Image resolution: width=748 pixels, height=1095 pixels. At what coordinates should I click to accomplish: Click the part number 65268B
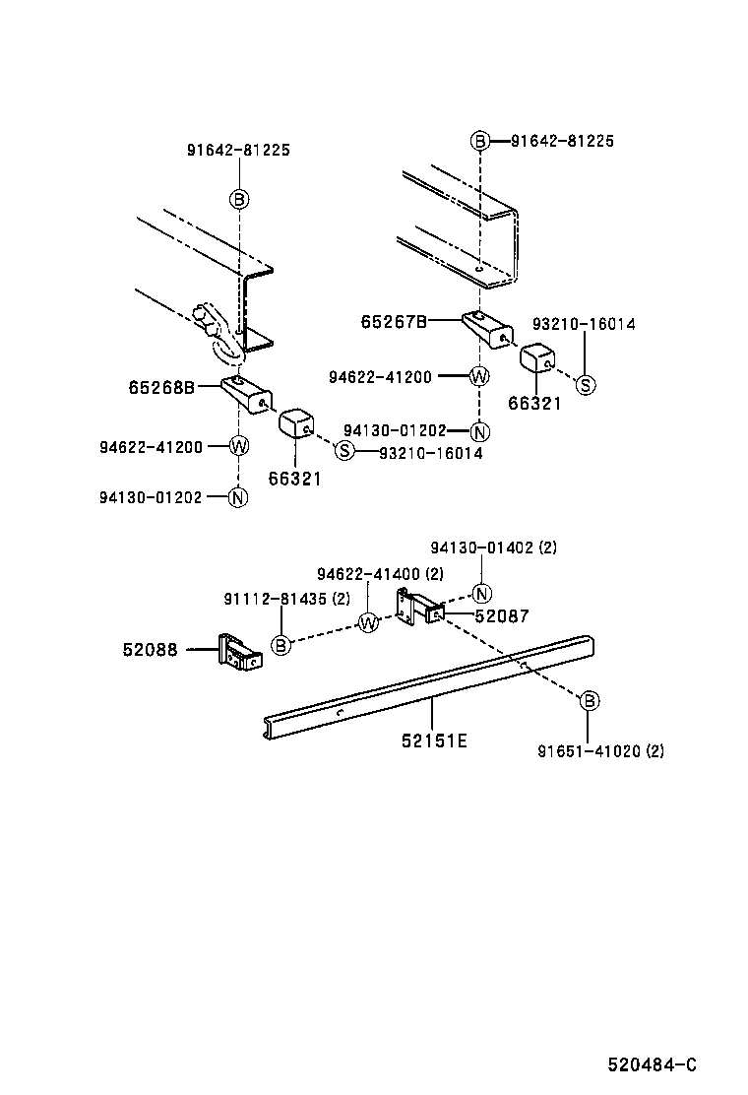(x=161, y=387)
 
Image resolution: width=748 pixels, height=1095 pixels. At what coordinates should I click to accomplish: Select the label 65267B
(x=394, y=321)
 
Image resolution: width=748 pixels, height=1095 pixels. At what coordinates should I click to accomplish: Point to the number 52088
(x=151, y=650)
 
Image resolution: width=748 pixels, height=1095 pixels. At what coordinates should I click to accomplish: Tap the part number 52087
(x=501, y=616)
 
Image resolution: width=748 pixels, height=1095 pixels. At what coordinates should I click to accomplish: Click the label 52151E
(x=434, y=740)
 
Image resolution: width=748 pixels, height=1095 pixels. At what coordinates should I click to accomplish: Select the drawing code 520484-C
(x=652, y=1065)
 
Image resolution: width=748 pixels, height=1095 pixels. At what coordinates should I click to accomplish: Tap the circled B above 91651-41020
(x=588, y=701)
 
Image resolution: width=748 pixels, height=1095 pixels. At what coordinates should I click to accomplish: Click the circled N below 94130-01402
(x=481, y=593)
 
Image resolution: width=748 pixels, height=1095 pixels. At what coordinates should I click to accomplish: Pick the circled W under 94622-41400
(x=368, y=622)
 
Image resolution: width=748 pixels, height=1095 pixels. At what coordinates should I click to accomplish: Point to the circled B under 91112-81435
(x=281, y=645)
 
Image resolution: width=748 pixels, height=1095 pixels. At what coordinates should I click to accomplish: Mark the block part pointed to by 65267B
(x=486, y=329)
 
